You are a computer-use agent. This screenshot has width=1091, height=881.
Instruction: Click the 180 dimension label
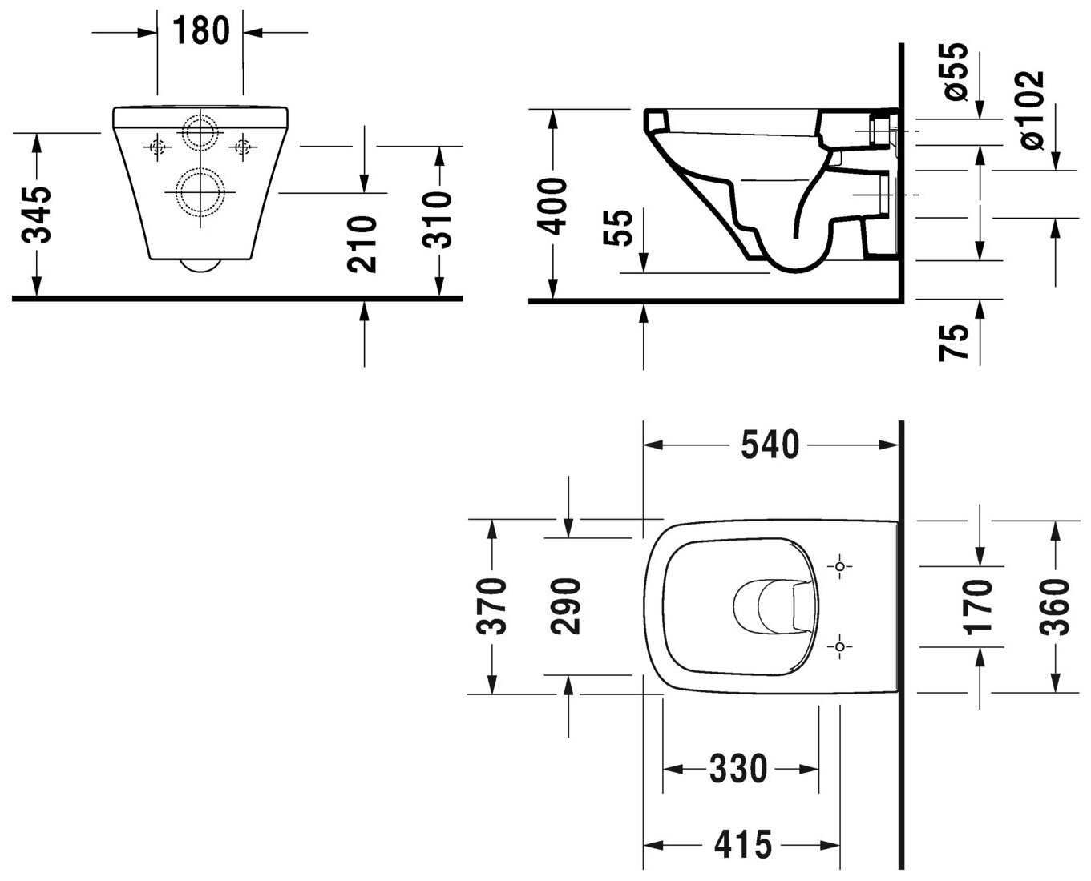200,31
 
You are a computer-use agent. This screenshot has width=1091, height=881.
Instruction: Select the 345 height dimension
38,214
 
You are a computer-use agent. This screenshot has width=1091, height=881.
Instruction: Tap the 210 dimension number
365,243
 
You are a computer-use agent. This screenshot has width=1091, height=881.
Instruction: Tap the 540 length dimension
770,445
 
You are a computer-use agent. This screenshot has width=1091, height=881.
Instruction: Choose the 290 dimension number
568,605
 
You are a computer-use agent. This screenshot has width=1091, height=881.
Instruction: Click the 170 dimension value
980,605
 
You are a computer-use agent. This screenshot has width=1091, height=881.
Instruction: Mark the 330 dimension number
737,770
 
